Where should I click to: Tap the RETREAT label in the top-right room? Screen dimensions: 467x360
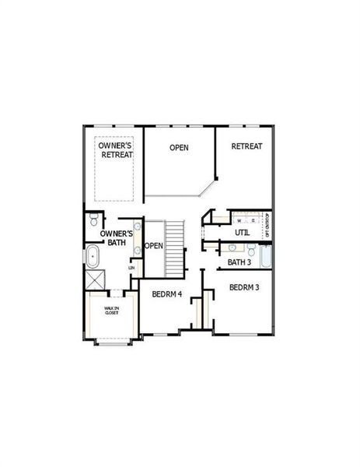246,146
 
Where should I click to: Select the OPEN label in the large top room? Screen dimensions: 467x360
180,147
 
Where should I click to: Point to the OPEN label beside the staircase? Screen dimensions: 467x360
153,246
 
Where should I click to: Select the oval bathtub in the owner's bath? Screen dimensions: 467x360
93,255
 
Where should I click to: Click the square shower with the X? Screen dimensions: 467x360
96,279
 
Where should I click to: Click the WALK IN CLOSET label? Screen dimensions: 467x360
112,310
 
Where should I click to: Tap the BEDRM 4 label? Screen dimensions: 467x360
166,294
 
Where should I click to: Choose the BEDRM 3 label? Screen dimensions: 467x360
244,287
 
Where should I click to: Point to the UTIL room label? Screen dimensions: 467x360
242,233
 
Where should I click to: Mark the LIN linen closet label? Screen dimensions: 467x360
131,268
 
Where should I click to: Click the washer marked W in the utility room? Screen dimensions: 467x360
239,219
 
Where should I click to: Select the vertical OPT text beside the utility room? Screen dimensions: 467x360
267,224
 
